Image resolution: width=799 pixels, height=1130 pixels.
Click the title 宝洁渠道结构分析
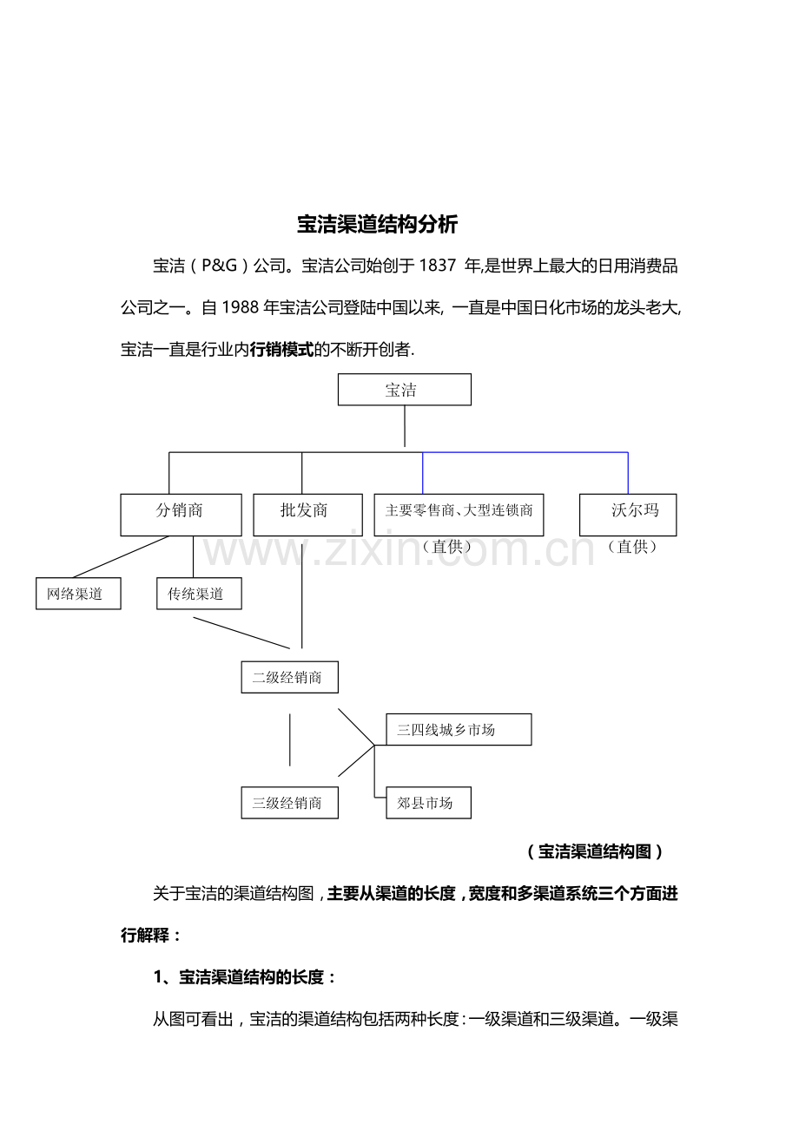(x=377, y=225)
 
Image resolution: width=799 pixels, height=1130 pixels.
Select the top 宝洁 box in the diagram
(x=404, y=390)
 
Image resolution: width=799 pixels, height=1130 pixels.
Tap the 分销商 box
(x=181, y=515)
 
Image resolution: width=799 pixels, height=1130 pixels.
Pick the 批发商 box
(x=302, y=515)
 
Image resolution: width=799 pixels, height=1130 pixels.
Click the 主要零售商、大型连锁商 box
(x=459, y=515)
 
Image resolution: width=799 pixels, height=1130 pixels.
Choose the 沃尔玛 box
(x=627, y=515)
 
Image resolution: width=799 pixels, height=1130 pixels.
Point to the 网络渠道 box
(x=78, y=594)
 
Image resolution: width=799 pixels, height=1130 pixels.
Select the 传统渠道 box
(x=199, y=594)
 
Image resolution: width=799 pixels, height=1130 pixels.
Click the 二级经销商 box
(x=289, y=678)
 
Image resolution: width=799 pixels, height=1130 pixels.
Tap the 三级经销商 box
(x=289, y=803)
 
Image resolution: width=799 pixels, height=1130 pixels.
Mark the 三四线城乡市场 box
(x=458, y=730)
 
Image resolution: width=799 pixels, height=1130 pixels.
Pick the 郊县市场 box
(x=428, y=803)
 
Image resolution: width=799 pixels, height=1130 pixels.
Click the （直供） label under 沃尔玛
(x=632, y=547)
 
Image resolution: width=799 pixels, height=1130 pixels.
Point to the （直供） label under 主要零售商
(x=446, y=547)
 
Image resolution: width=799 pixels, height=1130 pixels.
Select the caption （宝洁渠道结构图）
(x=595, y=851)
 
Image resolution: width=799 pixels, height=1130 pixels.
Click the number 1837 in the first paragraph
(x=437, y=266)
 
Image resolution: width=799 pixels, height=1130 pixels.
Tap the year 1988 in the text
(x=241, y=308)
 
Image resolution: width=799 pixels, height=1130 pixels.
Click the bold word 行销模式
(x=281, y=350)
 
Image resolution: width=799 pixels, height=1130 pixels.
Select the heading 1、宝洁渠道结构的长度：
(x=245, y=977)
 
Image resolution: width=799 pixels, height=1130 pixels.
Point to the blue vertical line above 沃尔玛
(x=628, y=473)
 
